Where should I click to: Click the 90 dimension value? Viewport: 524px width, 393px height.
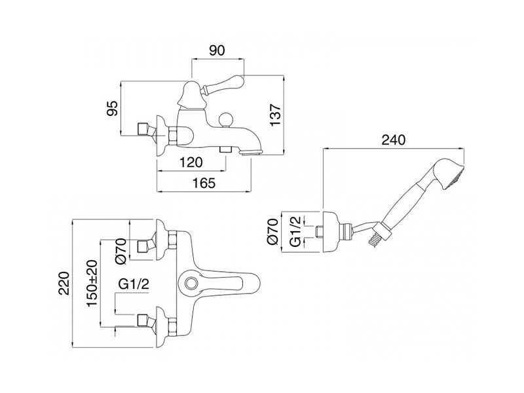click(217, 50)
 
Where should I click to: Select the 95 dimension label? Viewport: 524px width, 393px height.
click(112, 108)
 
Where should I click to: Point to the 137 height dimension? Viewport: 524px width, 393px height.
click(276, 115)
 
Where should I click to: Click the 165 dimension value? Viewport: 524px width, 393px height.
click(204, 183)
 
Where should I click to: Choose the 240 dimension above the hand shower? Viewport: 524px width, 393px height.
click(394, 140)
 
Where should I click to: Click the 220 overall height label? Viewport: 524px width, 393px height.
click(64, 284)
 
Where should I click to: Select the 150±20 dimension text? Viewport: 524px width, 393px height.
click(92, 283)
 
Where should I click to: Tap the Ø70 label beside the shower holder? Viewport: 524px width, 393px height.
click(273, 232)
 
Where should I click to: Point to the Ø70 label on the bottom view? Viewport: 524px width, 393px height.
click(121, 251)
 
